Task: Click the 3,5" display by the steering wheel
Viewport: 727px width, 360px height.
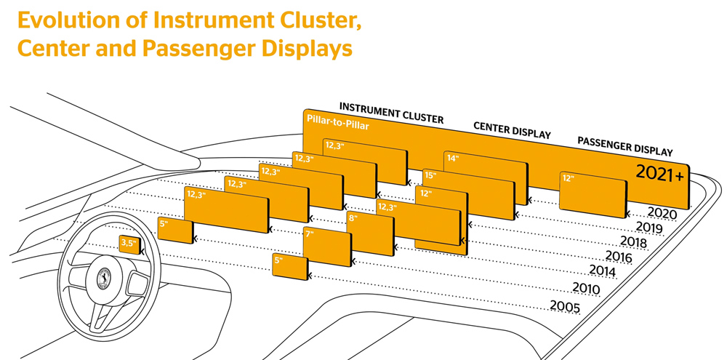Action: click(130, 244)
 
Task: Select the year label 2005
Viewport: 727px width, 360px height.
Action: click(565, 306)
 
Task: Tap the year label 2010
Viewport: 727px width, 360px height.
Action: click(586, 289)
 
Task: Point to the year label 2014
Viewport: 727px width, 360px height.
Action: click(602, 271)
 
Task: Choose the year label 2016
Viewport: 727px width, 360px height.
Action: click(619, 255)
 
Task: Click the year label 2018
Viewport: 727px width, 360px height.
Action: click(635, 241)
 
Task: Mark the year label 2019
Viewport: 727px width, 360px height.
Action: click(649, 228)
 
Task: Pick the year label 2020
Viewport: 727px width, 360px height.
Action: click(662, 213)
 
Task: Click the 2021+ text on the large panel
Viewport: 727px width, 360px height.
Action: click(659, 174)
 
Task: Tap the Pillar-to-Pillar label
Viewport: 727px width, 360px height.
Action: click(338, 122)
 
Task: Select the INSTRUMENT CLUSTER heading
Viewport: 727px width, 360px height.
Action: click(391, 112)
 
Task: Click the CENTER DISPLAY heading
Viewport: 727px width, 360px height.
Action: click(512, 130)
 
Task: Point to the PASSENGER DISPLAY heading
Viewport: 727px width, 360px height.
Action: click(625, 145)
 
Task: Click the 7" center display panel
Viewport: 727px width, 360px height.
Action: click(327, 247)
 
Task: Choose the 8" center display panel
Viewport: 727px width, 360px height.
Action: click(370, 233)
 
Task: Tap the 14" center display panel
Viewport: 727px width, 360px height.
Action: click(486, 177)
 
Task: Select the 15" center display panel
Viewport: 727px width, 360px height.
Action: click(469, 194)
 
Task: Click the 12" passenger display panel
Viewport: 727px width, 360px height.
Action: click(593, 195)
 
